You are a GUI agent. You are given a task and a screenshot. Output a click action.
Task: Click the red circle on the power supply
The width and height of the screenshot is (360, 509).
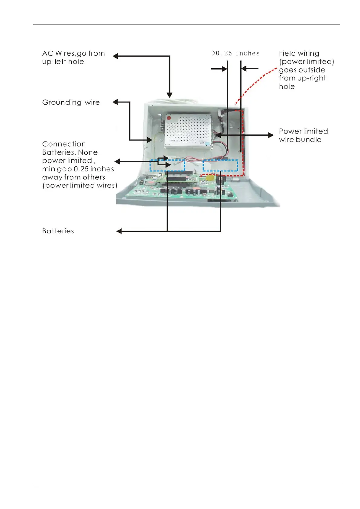(x=169, y=118)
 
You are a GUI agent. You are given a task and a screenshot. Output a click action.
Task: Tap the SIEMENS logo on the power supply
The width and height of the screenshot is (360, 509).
(x=174, y=141)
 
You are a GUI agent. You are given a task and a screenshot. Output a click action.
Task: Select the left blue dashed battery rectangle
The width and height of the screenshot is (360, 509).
(x=167, y=165)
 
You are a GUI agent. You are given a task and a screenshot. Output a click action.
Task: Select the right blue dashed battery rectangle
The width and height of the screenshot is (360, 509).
(x=220, y=165)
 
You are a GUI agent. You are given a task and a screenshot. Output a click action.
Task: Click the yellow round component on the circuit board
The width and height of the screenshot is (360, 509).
(x=209, y=178)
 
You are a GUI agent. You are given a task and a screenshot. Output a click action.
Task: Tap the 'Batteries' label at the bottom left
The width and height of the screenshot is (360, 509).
(x=58, y=231)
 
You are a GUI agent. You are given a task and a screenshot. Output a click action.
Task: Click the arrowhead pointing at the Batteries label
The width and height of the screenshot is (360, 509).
(x=119, y=231)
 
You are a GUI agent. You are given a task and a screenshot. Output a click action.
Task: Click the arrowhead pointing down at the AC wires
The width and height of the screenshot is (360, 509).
(x=170, y=95)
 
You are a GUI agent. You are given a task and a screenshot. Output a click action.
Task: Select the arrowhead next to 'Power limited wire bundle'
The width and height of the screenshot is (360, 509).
(x=271, y=135)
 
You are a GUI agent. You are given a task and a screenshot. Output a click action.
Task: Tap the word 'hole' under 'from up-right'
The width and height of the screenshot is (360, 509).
(x=287, y=86)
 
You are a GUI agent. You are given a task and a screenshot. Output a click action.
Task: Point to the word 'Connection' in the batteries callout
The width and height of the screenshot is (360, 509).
(x=64, y=144)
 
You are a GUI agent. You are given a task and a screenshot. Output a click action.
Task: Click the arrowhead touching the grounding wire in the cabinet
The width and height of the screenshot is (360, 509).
(x=150, y=140)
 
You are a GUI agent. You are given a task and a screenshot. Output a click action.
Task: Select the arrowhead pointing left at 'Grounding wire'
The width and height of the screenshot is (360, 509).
(x=115, y=102)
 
